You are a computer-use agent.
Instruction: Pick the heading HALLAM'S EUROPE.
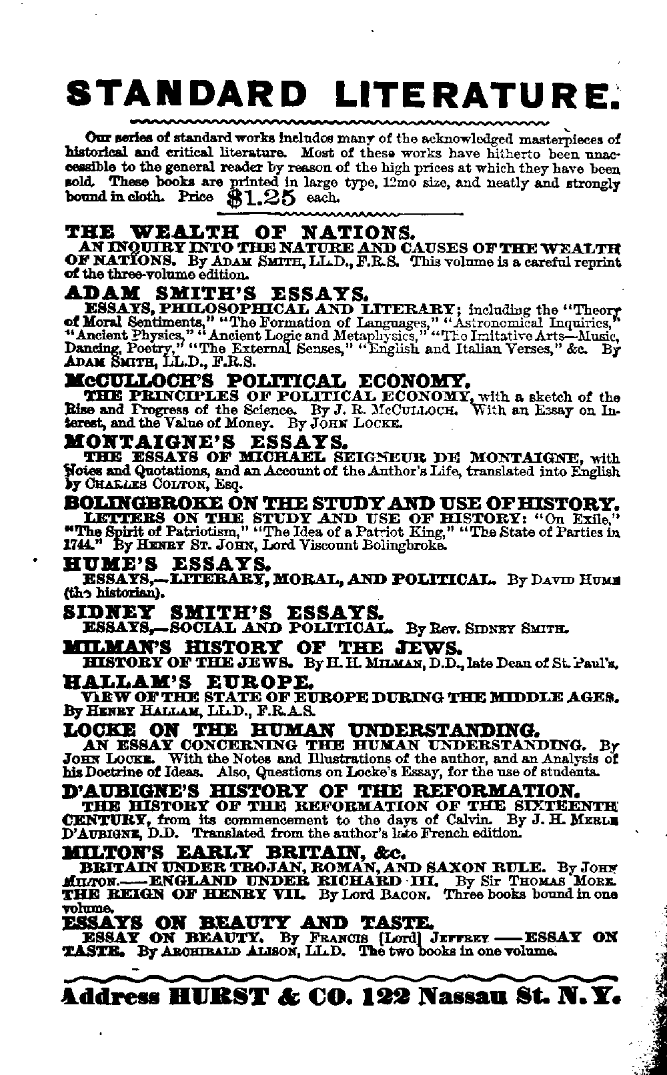click(x=187, y=682)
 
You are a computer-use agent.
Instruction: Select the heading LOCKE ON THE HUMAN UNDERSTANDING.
click(x=301, y=729)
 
